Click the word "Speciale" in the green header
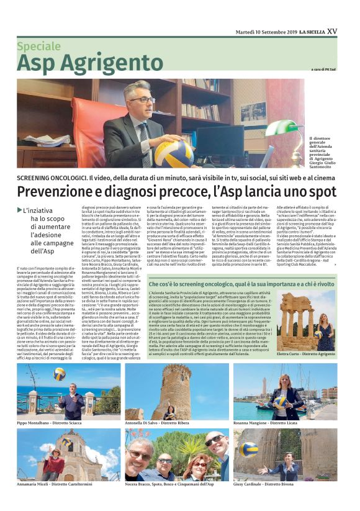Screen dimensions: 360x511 (38, 46)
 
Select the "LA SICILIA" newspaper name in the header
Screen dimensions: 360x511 (311, 32)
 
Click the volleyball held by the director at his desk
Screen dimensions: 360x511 (173, 153)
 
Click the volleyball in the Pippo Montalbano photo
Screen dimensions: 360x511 (59, 375)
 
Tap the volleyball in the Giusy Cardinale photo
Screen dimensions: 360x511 (249, 449)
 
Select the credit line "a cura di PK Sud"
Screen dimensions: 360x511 (323, 70)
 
